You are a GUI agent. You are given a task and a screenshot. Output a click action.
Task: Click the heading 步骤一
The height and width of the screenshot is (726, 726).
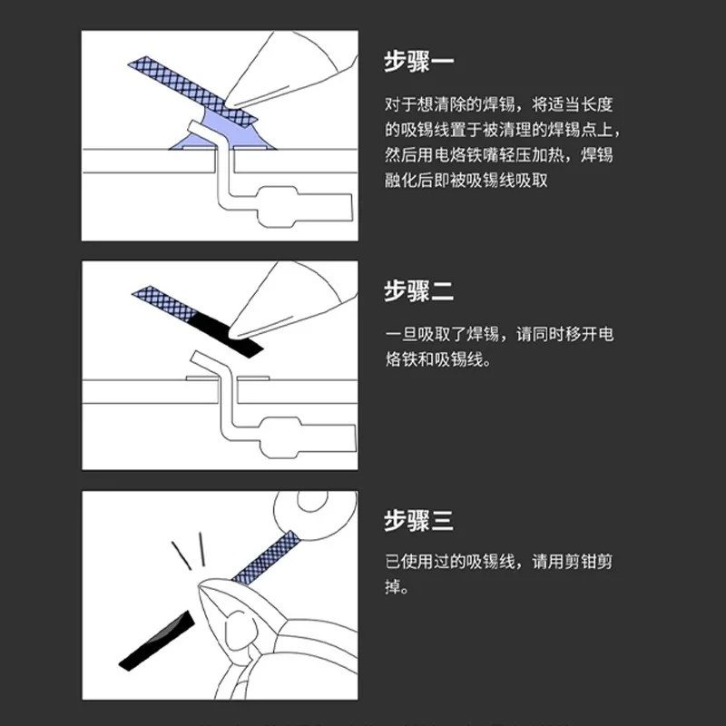418,61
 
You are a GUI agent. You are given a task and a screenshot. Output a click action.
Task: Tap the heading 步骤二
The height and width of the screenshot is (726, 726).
418,291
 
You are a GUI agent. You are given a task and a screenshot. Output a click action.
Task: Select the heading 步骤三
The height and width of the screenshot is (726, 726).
418,520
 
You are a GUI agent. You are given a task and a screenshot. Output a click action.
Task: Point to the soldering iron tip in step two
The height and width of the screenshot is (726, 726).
232,332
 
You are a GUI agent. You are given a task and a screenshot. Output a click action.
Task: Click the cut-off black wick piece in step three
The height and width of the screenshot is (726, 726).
157,641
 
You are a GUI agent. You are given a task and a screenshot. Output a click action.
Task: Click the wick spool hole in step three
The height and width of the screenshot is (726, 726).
312,500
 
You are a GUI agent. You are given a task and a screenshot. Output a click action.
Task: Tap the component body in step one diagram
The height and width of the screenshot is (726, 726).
303,208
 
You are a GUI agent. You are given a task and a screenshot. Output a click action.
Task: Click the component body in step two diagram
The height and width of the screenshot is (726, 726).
308,437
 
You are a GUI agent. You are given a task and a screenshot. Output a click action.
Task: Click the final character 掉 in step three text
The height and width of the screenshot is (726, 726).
393,587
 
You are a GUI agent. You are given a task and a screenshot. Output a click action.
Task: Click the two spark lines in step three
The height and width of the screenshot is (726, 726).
189,551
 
